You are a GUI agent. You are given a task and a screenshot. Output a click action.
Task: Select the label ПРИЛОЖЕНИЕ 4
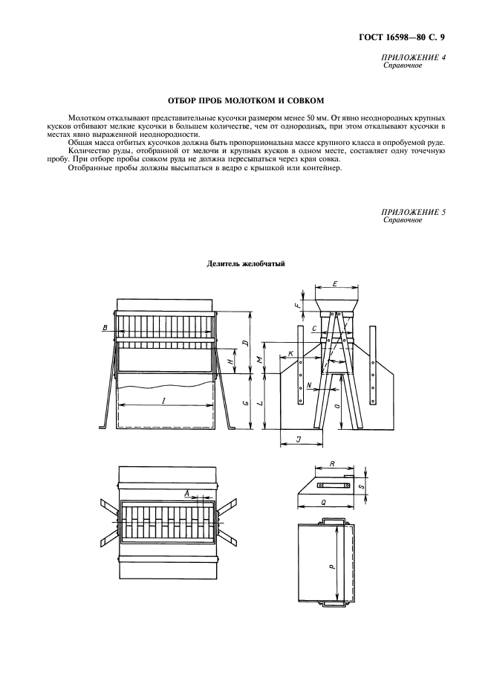click(414, 58)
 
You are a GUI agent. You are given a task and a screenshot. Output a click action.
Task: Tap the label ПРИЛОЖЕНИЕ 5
click(414, 213)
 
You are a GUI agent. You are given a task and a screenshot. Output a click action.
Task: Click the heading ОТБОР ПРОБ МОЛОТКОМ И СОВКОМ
click(244, 100)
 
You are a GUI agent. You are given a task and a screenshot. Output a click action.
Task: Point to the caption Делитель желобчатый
click(245, 263)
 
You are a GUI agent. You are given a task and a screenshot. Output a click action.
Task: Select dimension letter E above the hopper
click(336, 284)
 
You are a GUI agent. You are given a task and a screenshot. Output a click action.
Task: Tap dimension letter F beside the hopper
click(297, 305)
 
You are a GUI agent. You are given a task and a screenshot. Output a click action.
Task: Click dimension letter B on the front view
click(105, 327)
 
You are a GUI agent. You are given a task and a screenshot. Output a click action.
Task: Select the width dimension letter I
click(163, 400)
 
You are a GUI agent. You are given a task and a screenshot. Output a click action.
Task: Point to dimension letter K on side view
click(290, 353)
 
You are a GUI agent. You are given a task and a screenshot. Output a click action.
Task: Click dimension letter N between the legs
click(308, 386)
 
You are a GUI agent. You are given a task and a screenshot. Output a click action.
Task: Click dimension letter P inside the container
click(332, 564)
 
